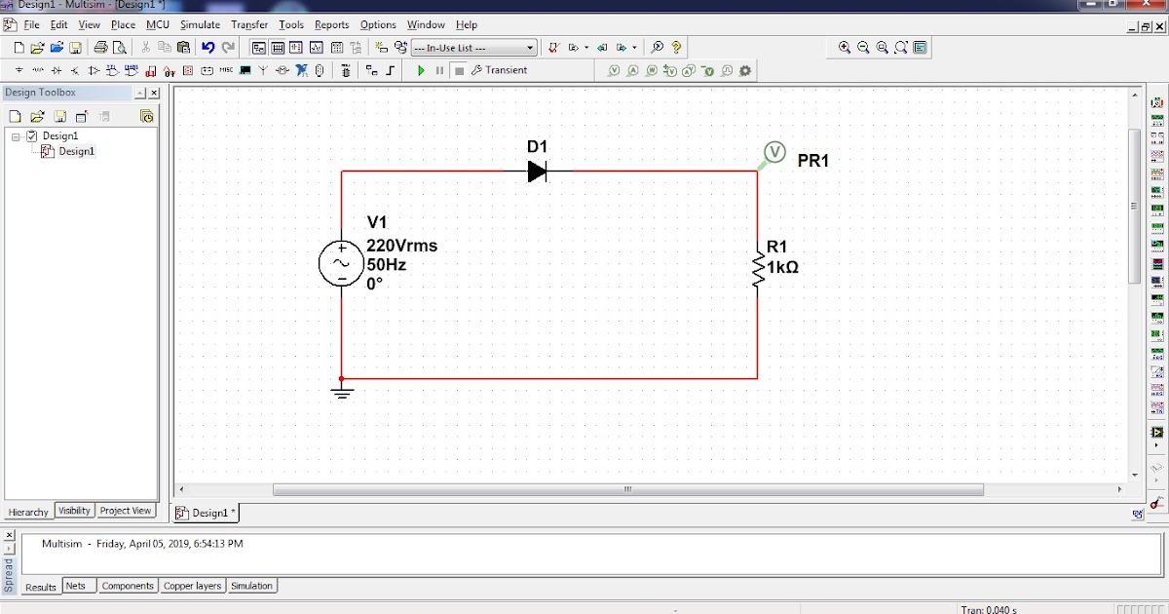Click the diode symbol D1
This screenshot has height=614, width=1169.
point(537,172)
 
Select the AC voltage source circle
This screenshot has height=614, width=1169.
point(342,263)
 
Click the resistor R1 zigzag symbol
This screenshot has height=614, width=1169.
point(757,268)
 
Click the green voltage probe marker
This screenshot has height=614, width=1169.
point(773,152)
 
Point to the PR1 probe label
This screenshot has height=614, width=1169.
point(812,161)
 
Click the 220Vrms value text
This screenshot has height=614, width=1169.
point(401,246)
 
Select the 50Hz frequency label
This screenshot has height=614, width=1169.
point(387,265)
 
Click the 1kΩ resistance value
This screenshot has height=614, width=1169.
point(782,267)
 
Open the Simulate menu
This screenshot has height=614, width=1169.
point(200,24)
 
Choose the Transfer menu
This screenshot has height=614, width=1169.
point(249,24)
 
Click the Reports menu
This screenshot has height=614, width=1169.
point(331,24)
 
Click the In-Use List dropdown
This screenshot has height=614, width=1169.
point(473,47)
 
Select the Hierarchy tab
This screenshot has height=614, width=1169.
point(28,512)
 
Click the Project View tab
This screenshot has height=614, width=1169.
point(126,511)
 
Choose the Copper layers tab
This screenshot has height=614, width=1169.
point(192,586)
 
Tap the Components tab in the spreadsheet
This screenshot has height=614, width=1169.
point(128,586)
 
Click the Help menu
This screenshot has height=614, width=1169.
point(467,24)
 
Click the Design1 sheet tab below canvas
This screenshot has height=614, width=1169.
point(207,513)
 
